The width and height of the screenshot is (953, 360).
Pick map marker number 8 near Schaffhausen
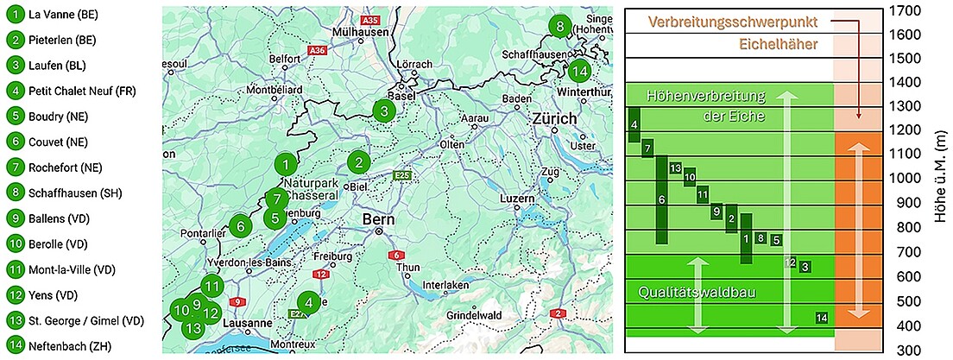(560, 26)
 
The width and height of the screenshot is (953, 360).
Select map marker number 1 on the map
(287, 163)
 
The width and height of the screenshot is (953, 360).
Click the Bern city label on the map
(379, 219)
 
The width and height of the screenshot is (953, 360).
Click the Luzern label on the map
(518, 200)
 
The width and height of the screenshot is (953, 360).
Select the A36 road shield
(317, 52)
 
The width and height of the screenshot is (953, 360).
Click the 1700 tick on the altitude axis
(906, 11)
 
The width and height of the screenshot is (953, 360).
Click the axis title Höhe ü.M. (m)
(942, 180)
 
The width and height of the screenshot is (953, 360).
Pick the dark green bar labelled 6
(661, 199)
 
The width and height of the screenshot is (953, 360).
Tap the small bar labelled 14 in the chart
(823, 318)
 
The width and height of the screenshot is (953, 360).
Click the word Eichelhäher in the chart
(779, 44)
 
